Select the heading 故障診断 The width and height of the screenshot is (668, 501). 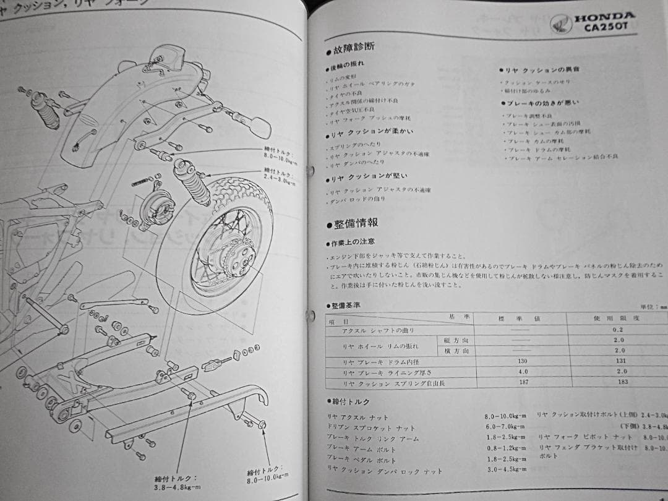tap(354, 47)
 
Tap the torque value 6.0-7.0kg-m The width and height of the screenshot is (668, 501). tap(505, 427)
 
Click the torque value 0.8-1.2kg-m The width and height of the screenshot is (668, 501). tap(506, 448)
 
